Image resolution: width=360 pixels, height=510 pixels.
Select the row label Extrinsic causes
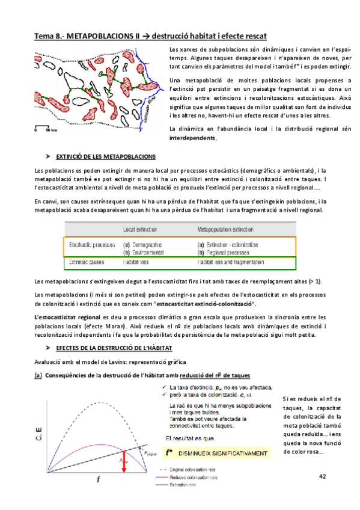pos(87,263)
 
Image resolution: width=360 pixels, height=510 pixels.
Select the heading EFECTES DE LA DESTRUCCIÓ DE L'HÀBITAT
pos(114,348)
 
